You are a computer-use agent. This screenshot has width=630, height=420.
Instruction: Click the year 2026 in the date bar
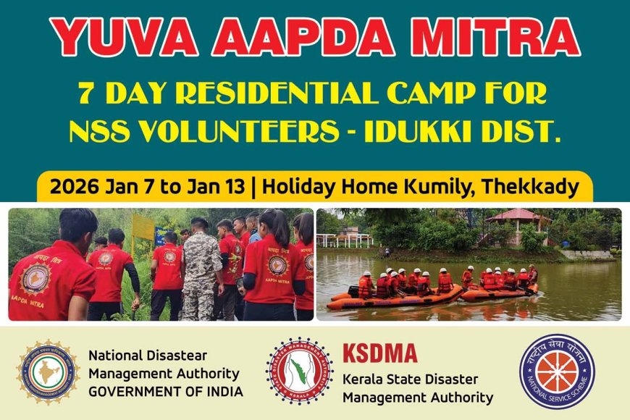coord(75,187)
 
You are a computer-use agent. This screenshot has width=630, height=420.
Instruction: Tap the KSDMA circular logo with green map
coord(300,371)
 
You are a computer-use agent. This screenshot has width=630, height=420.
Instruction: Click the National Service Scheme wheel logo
coord(557,371)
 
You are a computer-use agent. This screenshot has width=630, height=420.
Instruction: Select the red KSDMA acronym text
coord(380,353)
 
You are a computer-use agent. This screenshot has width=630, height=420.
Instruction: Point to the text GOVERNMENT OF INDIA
coord(166,392)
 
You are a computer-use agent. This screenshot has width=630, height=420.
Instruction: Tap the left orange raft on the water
coord(395,295)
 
